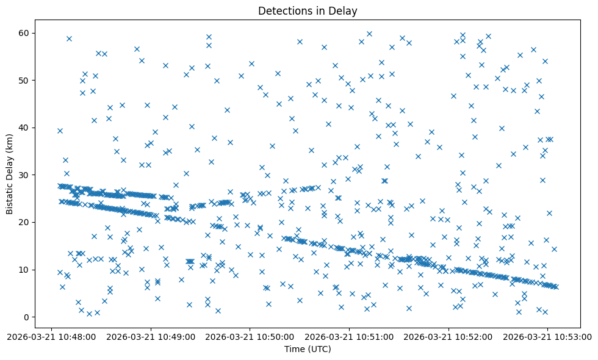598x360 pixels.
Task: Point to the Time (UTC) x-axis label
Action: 308,348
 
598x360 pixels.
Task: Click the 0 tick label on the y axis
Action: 27,317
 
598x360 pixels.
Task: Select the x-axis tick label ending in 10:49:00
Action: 151,336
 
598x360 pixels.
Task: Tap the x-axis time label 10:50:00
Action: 250,336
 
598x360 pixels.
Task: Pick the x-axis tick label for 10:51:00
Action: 350,336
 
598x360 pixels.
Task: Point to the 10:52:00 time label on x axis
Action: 448,336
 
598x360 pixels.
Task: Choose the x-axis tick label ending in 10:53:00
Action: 547,336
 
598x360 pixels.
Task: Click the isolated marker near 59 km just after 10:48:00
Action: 69,38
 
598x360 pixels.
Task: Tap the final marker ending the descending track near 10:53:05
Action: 555,287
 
